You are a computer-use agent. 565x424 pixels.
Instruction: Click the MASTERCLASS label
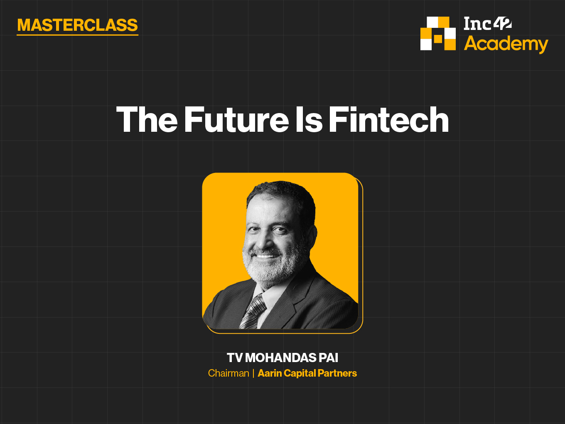[x=77, y=25]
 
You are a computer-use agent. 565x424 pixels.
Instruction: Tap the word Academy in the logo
[x=506, y=44]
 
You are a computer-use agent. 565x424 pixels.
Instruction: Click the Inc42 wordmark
[x=488, y=23]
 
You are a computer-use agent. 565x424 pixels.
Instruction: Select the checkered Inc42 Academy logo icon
[x=438, y=33]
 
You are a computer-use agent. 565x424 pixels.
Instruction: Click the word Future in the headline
[x=236, y=119]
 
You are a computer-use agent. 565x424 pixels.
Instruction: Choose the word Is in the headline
[x=309, y=119]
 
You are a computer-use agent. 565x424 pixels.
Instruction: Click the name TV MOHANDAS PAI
[x=282, y=357]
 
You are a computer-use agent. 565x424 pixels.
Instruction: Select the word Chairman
[x=228, y=373]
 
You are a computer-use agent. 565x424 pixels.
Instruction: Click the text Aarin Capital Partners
[x=307, y=373]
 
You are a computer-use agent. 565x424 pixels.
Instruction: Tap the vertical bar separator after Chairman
[x=253, y=373]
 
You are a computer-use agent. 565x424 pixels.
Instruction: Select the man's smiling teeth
[x=265, y=256]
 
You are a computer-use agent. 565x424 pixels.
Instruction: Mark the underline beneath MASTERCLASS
[x=77, y=35]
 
